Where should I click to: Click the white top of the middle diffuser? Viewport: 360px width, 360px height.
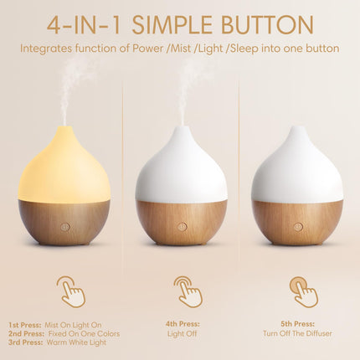point(181,167)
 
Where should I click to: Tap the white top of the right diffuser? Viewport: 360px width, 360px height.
point(297,167)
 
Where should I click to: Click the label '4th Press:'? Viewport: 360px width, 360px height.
point(181,324)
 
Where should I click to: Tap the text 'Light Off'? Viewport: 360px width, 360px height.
point(181,334)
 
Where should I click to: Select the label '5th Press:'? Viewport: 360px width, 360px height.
point(297,324)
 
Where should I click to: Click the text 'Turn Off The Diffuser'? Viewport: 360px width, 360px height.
point(297,334)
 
